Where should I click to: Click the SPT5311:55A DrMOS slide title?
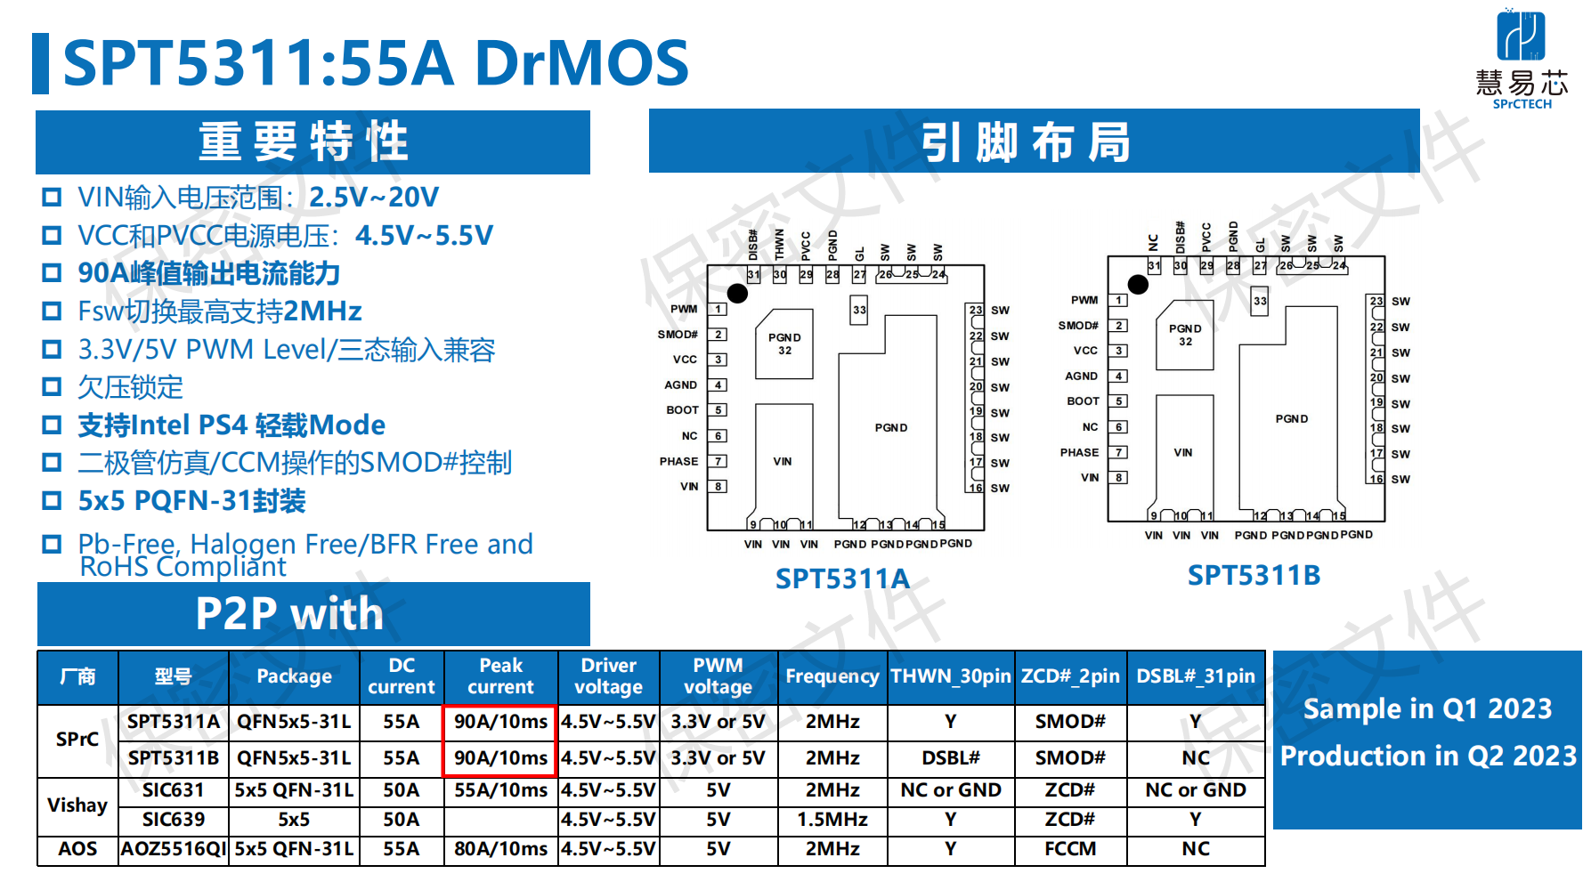pyautogui.click(x=376, y=63)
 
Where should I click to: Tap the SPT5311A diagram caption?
pyautogui.click(x=842, y=578)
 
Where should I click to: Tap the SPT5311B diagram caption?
pyautogui.click(x=1254, y=575)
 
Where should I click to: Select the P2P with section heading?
pyautogui.click(x=289, y=613)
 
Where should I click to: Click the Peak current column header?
pyautogui.click(x=501, y=676)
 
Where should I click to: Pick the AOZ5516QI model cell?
pyautogui.click(x=174, y=849)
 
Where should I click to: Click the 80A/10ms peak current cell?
pyautogui.click(x=501, y=849)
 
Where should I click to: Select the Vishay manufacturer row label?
pyautogui.click(x=77, y=805)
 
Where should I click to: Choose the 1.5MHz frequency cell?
pyautogui.click(x=832, y=819)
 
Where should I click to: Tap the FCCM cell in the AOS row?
pyautogui.click(x=1070, y=849)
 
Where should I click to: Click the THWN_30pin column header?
pyautogui.click(x=951, y=676)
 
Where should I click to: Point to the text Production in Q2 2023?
pyautogui.click(x=1428, y=756)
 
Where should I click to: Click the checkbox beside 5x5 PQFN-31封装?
pyautogui.click(x=53, y=500)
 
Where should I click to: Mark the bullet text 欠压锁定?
pyautogui.click(x=130, y=387)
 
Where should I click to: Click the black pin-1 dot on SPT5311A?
pyautogui.click(x=737, y=293)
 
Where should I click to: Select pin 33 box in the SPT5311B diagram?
pyautogui.click(x=1260, y=301)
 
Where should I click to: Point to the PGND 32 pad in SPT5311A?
pyautogui.click(x=784, y=344)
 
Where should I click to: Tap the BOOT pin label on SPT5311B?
pyautogui.click(x=1083, y=401)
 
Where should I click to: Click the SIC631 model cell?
pyautogui.click(x=174, y=790)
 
